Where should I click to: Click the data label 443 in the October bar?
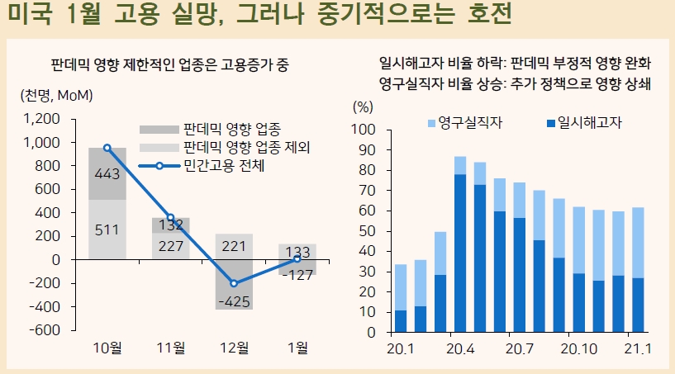click(107, 173)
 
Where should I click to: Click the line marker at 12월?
click(234, 283)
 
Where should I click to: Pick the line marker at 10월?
click(107, 148)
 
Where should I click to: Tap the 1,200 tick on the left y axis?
click(41, 119)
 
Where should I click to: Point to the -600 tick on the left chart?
click(45, 329)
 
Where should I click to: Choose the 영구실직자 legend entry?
click(464, 123)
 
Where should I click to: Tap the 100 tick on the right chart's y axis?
click(364, 130)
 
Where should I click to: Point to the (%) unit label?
click(364, 106)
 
